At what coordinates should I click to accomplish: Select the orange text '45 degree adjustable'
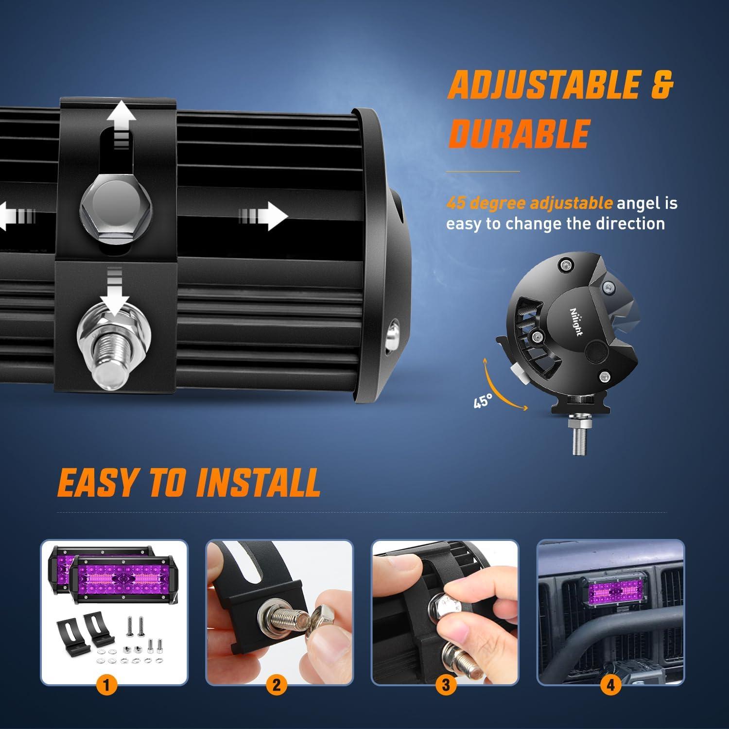[530, 202]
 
